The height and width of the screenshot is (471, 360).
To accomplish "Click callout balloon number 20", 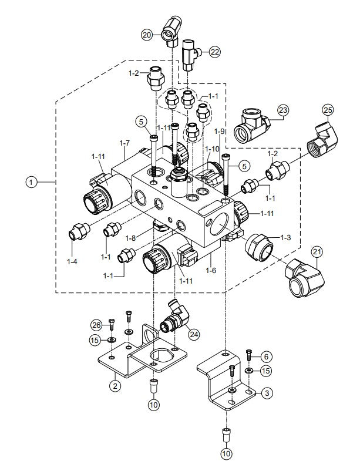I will click(147, 35).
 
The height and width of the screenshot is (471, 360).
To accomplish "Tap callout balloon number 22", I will click(214, 52).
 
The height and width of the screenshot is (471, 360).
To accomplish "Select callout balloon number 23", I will click(284, 110).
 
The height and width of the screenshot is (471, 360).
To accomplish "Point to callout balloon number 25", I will click(327, 110).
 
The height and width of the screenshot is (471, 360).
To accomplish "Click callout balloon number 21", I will click(317, 252).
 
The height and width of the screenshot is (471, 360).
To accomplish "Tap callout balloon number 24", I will click(193, 334).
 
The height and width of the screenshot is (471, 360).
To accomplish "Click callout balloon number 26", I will click(96, 324).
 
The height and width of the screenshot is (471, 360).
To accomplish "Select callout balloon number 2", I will click(115, 385).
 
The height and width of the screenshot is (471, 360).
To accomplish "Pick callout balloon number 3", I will click(266, 392).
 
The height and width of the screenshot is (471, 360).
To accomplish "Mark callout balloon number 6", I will click(265, 356).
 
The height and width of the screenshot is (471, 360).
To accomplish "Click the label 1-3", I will click(285, 237).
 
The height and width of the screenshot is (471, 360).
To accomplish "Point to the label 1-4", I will click(72, 260).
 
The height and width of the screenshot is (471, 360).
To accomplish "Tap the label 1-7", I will click(124, 143).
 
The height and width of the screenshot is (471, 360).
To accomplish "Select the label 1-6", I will click(213, 270).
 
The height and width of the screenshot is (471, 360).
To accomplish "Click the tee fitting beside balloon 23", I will click(253, 125).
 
